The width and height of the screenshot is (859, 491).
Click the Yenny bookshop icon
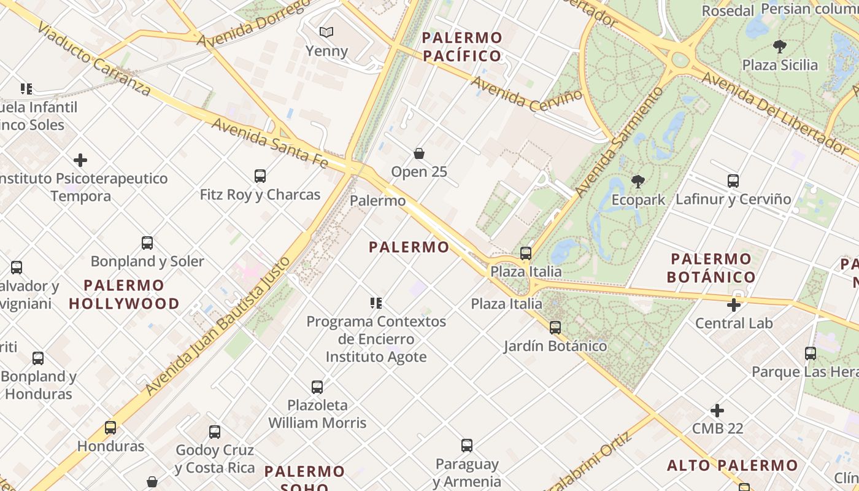click(326, 32)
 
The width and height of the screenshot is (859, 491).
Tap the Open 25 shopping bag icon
click(419, 153)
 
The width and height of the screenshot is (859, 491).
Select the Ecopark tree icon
click(638, 181)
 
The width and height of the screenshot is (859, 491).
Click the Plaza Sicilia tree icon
click(780, 46)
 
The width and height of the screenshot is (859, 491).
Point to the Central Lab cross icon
click(734, 304)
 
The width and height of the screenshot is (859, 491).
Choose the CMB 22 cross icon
click(717, 410)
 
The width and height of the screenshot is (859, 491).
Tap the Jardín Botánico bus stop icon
click(555, 328)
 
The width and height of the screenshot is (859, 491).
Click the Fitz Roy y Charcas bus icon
click(260, 176)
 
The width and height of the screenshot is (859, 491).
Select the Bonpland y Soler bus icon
click(147, 242)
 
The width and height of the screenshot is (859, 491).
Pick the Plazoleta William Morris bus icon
click(317, 387)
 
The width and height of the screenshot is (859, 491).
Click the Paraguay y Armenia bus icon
click(467, 446)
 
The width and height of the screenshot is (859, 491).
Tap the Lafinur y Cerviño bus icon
click(733, 181)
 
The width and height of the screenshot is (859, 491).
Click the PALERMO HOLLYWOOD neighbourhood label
click(124, 294)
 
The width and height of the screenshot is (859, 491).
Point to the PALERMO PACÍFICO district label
click(462, 47)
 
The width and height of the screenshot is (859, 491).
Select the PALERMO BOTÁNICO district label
click(711, 268)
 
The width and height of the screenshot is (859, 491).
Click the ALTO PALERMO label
click(733, 465)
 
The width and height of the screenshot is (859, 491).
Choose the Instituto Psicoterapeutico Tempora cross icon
click(80, 161)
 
